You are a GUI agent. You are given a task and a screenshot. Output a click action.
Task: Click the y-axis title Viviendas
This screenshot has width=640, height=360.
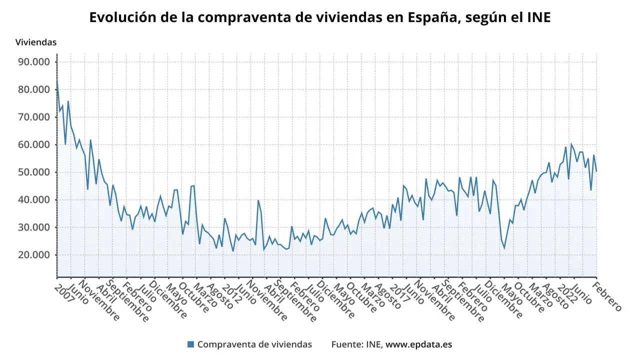click(x=35, y=42)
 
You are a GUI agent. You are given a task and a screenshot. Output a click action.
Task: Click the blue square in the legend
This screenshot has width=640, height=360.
click(x=190, y=344)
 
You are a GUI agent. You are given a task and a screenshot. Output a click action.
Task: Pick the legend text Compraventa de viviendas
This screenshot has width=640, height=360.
click(x=254, y=344)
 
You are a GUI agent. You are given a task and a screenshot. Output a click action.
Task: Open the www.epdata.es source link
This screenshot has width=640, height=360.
click(x=419, y=344)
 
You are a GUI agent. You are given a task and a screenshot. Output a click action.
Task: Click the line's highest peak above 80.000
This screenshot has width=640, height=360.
click(x=57, y=79)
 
